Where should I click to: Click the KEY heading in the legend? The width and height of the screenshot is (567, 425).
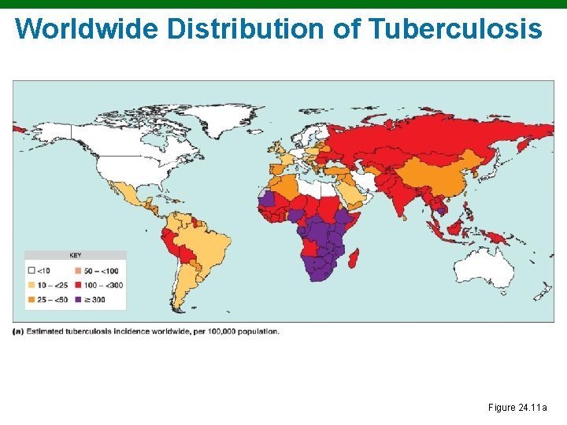75,256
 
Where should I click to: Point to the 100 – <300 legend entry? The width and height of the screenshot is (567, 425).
103,284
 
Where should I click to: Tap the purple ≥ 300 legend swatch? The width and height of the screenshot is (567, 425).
79,299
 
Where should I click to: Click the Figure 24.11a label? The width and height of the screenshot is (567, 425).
517,407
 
